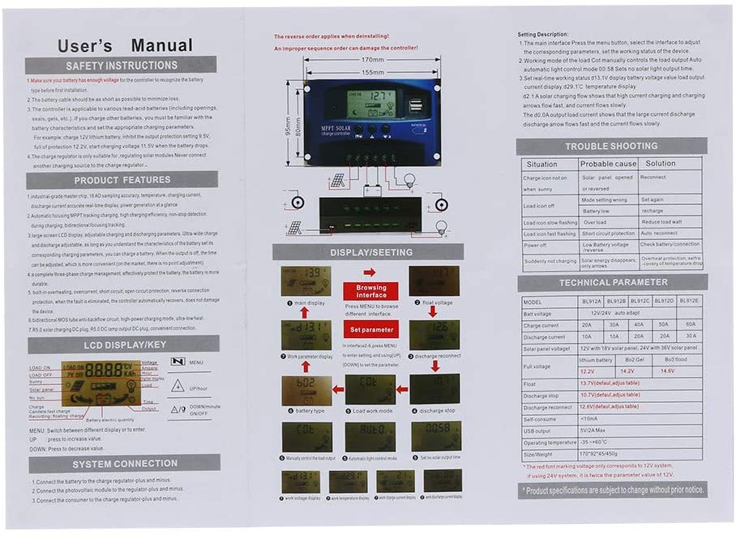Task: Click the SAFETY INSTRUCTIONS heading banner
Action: pos(122,66)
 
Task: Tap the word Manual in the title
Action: pos(162,45)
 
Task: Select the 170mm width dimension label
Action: pos(372,60)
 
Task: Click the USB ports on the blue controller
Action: pos(416,106)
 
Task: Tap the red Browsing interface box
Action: pos(370,291)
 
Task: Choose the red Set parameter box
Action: pos(370,330)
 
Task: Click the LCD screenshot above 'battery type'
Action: pos(306,390)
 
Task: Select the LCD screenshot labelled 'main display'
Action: pos(306,281)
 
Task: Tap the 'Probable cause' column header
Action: pos(608,164)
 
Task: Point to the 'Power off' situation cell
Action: pos(535,245)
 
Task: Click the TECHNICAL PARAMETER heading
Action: pos(612,283)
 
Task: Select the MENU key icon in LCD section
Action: pos(178,362)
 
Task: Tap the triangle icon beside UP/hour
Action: pos(178,387)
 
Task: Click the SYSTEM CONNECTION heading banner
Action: pos(124,464)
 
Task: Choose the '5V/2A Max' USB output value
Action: pos(595,430)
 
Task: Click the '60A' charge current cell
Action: pos(690,325)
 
